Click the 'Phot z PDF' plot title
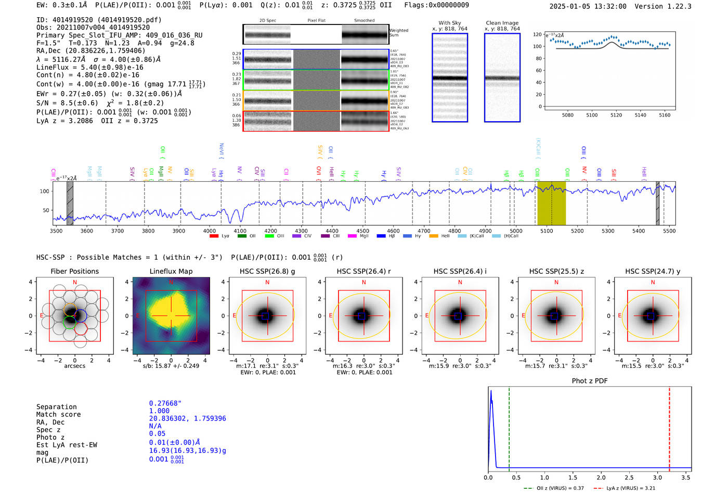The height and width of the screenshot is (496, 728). coord(590,381)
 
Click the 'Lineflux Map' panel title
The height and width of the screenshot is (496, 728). coord(171,271)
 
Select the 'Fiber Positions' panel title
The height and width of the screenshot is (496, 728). coord(74,271)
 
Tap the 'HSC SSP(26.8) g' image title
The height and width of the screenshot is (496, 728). coord(267,271)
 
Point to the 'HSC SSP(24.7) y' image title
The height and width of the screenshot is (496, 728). coord(653,271)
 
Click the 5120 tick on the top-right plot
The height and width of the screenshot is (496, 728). coord(616,115)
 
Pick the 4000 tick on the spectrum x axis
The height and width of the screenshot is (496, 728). coord(210,231)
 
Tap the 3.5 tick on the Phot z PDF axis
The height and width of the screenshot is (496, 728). coord(686,477)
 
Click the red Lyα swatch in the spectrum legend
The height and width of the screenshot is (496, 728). coord(214,236)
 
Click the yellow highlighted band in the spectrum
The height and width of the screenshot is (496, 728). coord(551,203)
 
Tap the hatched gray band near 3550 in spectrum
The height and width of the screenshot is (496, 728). coord(70,203)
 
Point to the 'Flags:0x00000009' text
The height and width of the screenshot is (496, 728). coord(436,5)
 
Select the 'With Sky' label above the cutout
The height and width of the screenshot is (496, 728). coord(449,23)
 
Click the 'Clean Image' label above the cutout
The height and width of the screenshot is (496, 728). coord(502,23)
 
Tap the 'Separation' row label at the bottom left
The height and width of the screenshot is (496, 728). coord(56,407)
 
